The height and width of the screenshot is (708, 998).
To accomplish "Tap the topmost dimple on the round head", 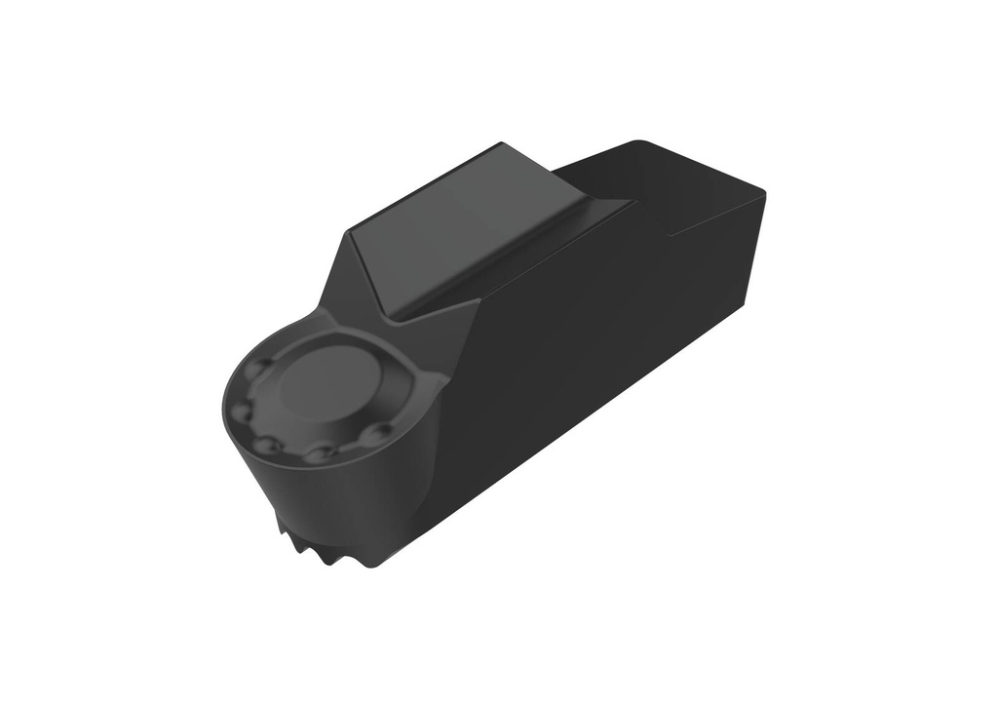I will click(x=261, y=370).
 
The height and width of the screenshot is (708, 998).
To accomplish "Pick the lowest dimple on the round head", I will click(x=319, y=453).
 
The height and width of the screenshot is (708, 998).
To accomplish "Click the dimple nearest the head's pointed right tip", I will click(x=381, y=430).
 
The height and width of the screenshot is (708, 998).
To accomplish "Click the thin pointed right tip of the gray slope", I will click(x=629, y=203).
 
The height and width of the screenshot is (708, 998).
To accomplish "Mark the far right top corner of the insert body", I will click(x=764, y=194).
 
